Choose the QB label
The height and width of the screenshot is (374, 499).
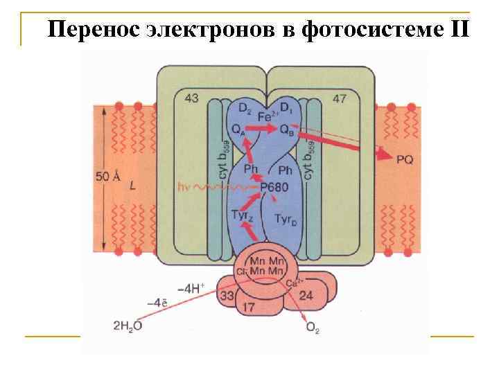tap(286, 129)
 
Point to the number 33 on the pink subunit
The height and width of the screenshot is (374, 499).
tap(227, 296)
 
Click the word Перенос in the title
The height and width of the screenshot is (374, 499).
tap(95, 30)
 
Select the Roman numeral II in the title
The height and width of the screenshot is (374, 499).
tap(459, 30)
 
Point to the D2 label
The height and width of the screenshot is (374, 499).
tap(245, 108)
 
